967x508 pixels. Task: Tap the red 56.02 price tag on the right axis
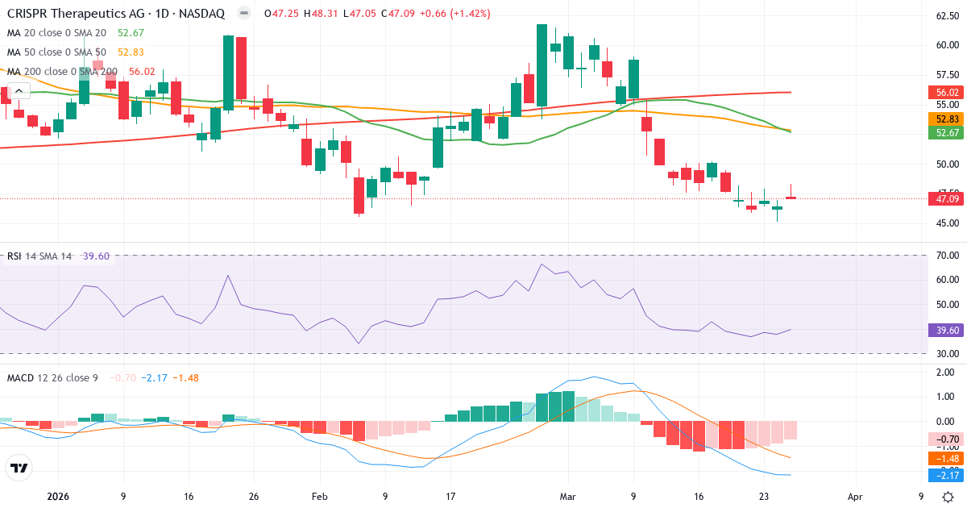pos(947,93)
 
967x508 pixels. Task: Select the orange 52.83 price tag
pos(947,119)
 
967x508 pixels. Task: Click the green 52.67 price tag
pos(947,132)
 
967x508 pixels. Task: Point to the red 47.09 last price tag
pos(947,198)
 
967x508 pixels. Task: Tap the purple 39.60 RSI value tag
pos(947,330)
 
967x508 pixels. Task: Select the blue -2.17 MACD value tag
pos(947,476)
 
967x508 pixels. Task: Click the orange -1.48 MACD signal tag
pos(947,458)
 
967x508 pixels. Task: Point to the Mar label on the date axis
pos(567,497)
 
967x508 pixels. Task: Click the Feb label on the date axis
pos(319,497)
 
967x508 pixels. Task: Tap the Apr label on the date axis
pos(855,497)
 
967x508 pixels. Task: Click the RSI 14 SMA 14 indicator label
pos(39,256)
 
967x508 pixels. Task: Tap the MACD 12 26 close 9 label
pos(52,377)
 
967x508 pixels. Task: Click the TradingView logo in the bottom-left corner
pos(19,468)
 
